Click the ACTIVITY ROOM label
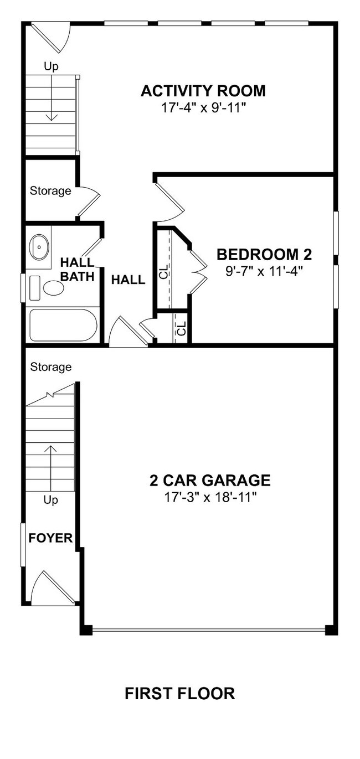coord(203,91)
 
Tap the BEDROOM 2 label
coord(264,255)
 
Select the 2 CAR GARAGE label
coord(210,480)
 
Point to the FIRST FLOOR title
coord(179,693)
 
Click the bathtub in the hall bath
coord(63,325)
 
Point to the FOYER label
coord(50,538)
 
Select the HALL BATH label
coord(78,269)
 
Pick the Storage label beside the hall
coord(50,191)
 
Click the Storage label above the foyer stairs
coord(50,367)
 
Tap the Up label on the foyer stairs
coord(50,500)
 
